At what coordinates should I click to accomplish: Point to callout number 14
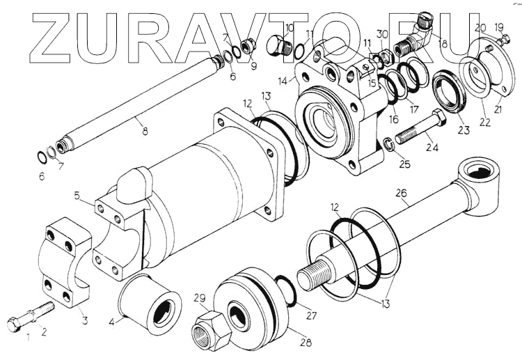pyautogui.click(x=283, y=81)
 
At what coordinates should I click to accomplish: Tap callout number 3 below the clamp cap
pyautogui.click(x=85, y=320)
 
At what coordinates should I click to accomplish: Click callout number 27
pyautogui.click(x=310, y=315)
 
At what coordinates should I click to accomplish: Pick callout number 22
pyautogui.click(x=485, y=122)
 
